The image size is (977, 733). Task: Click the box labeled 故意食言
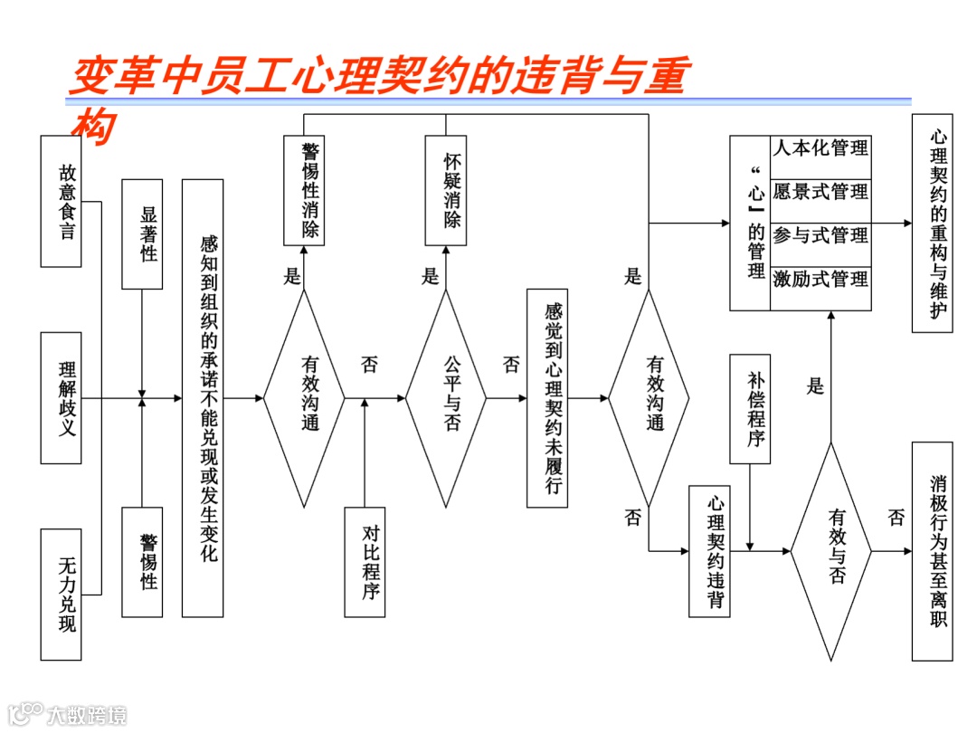pos(61,201)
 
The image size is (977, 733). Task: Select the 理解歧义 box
pos(61,398)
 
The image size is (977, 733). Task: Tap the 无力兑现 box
pos(61,595)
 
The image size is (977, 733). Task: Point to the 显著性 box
pos(142,234)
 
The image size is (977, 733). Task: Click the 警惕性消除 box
pos(304,190)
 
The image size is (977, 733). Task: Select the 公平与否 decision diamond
pos(445,398)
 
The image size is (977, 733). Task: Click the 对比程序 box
pos(365,562)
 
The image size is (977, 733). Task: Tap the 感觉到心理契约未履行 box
pos(547,398)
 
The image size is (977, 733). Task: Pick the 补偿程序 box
pos(750,409)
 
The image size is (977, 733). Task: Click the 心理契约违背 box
pos(709,551)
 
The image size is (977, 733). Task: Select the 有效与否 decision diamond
pos(830,550)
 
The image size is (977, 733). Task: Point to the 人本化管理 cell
pos(820,148)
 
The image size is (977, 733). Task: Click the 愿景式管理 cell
pos(820,191)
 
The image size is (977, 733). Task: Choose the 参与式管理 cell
pos(820,234)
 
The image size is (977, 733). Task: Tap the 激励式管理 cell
pos(820,279)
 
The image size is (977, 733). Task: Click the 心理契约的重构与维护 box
pos(932,224)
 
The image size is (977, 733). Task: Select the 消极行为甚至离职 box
pos(932,551)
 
